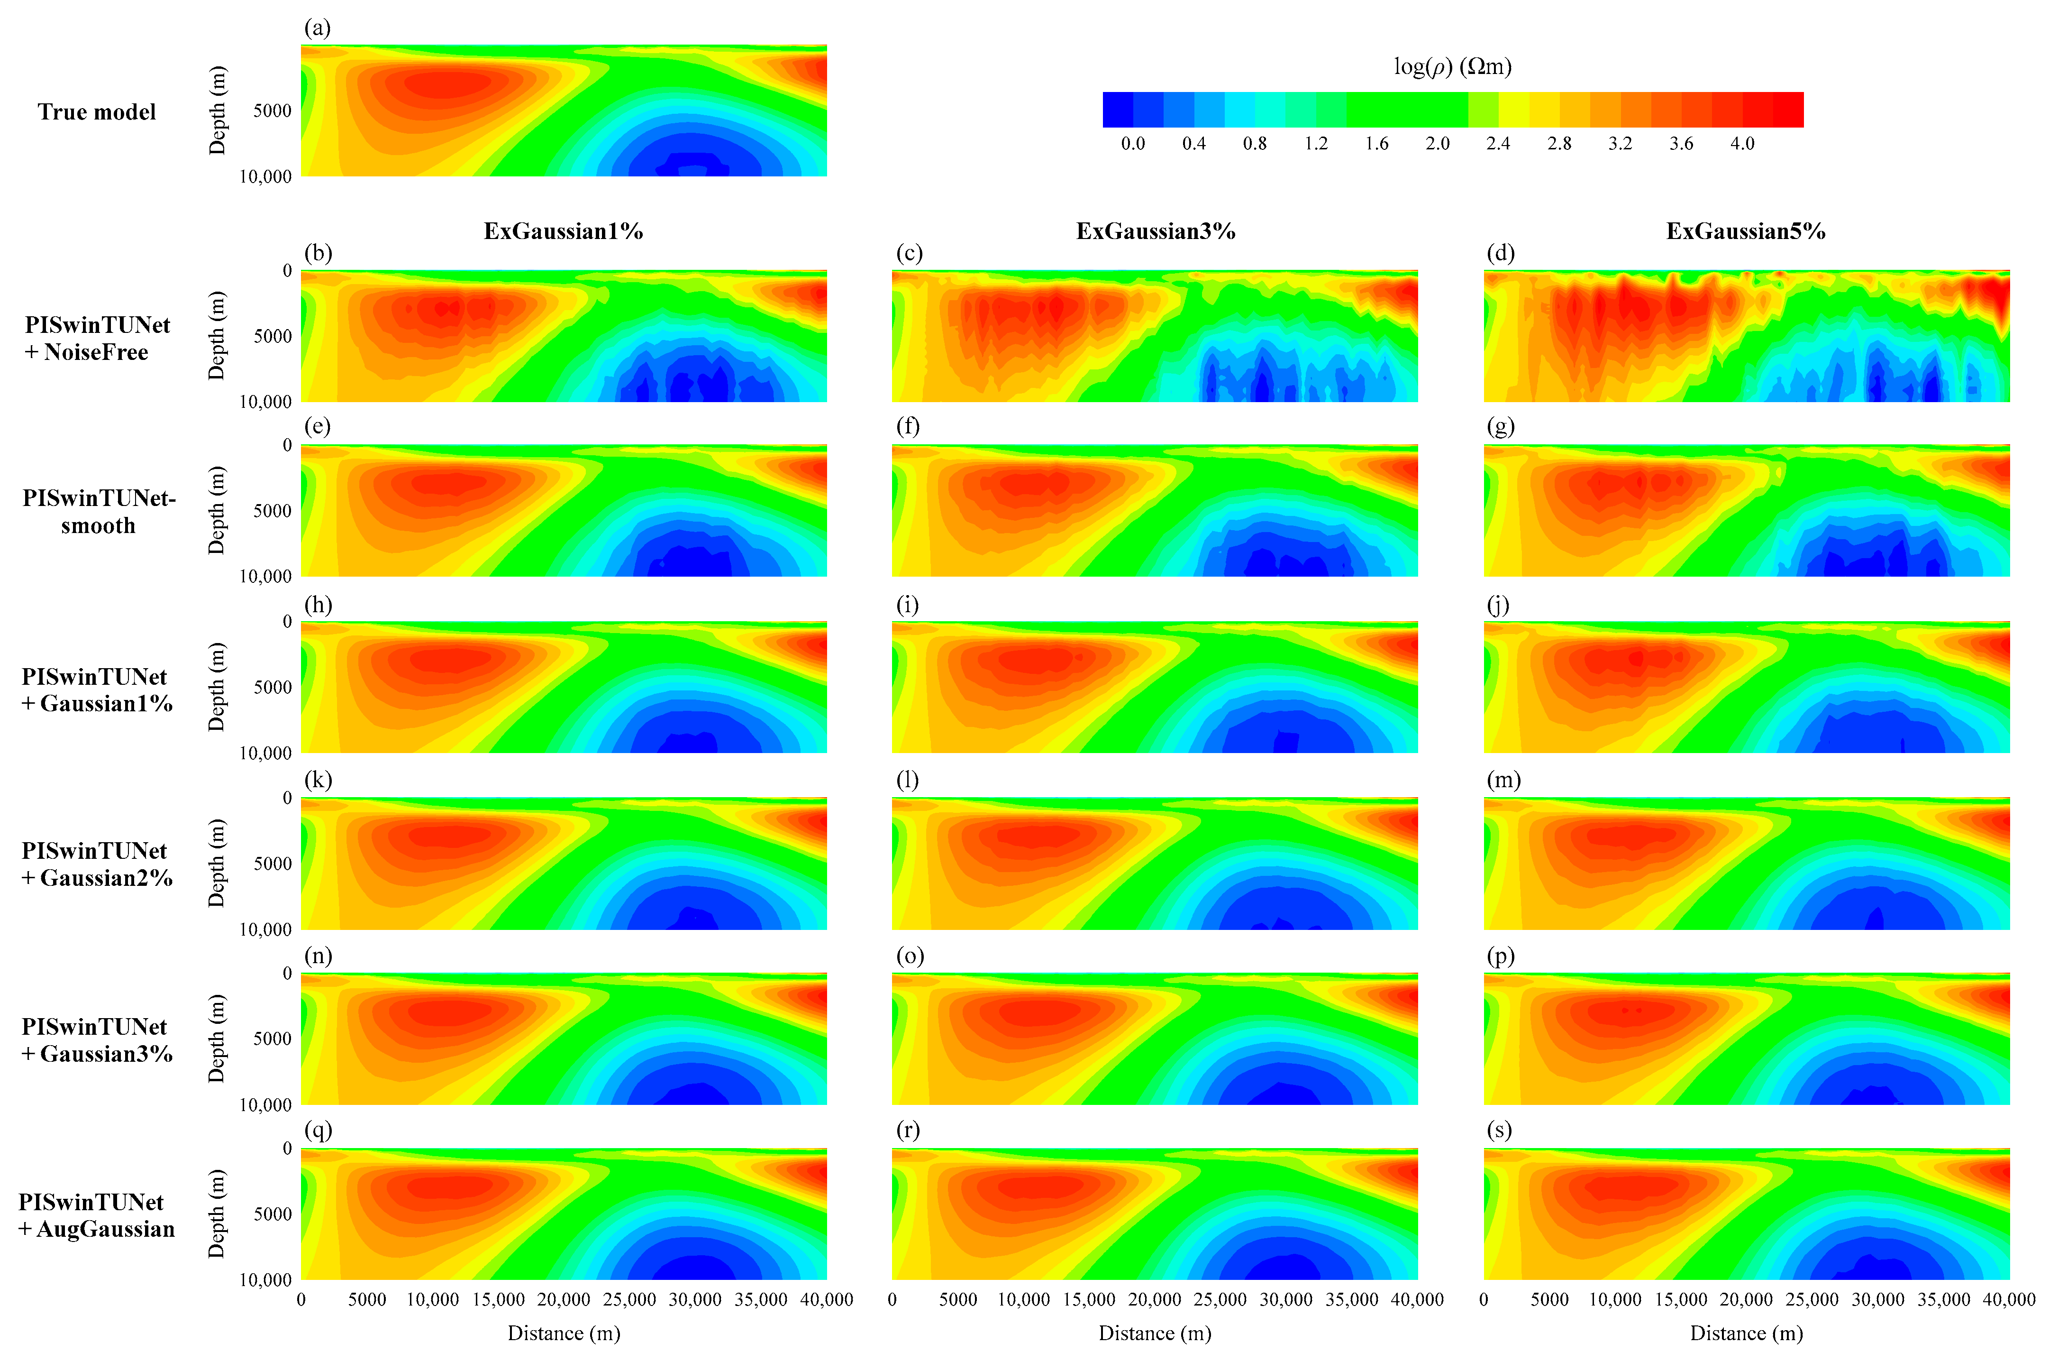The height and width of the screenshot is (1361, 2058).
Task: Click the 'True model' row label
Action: click(96, 112)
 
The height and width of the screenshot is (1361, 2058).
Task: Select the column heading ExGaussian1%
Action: click(563, 231)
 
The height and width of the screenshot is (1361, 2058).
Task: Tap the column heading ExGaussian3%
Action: click(1155, 231)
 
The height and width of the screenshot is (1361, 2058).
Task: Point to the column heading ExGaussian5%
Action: click(1746, 231)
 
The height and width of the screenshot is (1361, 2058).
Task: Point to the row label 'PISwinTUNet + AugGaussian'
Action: click(96, 1215)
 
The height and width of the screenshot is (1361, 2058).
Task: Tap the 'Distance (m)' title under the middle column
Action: click(1155, 1333)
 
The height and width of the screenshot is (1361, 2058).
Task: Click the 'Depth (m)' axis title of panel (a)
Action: click(217, 110)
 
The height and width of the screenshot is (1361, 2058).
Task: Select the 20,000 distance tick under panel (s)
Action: click(1746, 1299)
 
